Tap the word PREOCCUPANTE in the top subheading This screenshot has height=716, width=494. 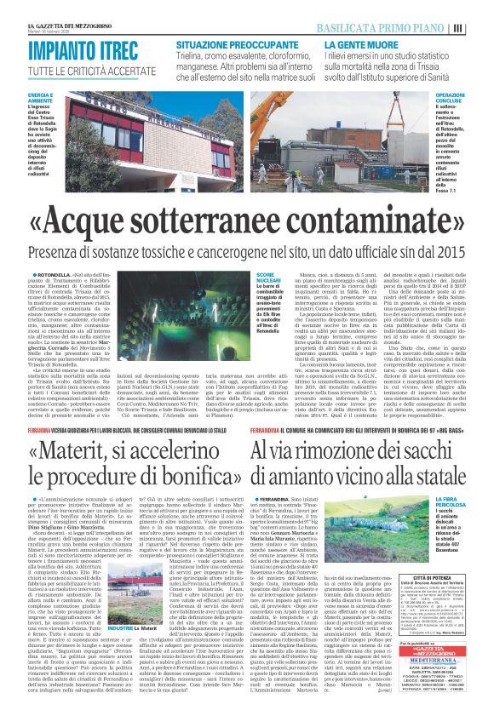(x=265, y=42)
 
